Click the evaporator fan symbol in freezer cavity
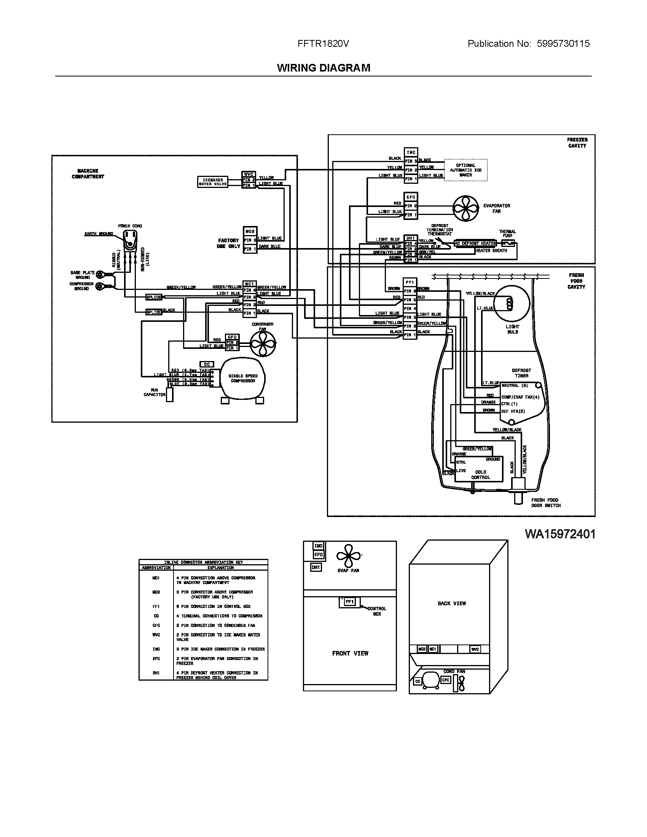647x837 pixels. coord(465,208)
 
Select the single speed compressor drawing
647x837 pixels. coord(242,379)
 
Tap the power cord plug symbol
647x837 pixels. coord(130,242)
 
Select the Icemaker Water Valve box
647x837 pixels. coord(213,181)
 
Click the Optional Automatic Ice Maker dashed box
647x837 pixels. coord(465,170)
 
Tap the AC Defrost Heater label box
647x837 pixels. coord(475,243)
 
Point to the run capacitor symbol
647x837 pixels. coord(169,395)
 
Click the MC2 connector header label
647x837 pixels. coord(250,231)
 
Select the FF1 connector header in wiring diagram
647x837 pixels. coord(410,282)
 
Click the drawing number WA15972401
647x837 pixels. coord(559,534)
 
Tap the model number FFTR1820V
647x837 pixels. coord(323,44)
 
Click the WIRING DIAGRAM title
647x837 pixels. coord(323,68)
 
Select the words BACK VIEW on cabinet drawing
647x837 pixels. coord(451,603)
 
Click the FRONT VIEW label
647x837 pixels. coord(350,653)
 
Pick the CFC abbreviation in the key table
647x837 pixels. coord(156,625)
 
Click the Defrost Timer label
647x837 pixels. coord(521,373)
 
